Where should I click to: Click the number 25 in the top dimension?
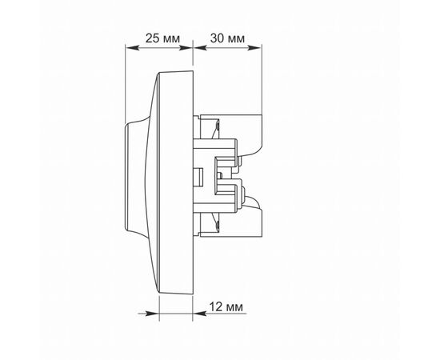153,38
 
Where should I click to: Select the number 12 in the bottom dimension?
216,307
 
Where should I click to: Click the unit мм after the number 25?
171,39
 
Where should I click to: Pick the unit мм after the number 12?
234,308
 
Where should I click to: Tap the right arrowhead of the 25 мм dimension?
186,48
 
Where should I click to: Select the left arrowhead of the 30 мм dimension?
200,48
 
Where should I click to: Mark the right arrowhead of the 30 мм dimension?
254,48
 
